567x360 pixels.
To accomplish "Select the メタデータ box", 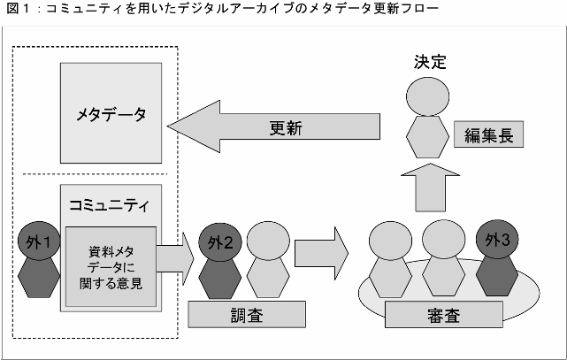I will point(111,115).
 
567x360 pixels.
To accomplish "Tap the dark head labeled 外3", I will point(498,240).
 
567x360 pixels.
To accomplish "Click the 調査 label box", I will point(247,314).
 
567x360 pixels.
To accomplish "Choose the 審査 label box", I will point(444,315).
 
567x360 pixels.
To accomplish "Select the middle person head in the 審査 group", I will point(444,240).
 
